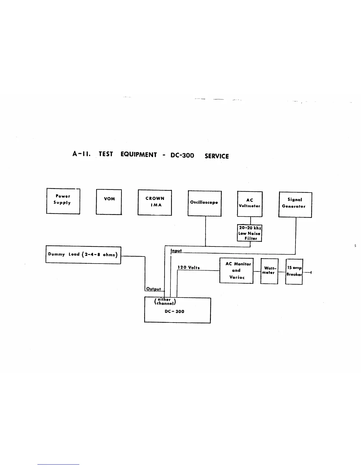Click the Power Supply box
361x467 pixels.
[63, 201]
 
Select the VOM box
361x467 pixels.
[109, 202]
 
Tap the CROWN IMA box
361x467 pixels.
[155, 203]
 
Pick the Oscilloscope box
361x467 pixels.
[204, 203]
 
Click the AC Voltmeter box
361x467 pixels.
[250, 204]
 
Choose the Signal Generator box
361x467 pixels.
[295, 205]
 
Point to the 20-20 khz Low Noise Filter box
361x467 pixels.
[250, 233]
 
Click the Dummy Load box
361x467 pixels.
[83, 255]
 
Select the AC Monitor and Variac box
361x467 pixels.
[236, 271]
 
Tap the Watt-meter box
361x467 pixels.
[269, 271]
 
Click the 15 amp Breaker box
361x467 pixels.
[294, 272]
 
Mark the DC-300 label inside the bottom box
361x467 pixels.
[175, 312]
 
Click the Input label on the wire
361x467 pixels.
[176, 251]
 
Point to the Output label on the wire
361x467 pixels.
[154, 289]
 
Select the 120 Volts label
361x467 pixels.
[188, 267]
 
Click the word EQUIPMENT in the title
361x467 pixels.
[139, 155]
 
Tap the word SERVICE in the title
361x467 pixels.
[217, 156]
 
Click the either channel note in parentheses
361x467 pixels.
[165, 301]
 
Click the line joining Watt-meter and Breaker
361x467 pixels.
[282, 272]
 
